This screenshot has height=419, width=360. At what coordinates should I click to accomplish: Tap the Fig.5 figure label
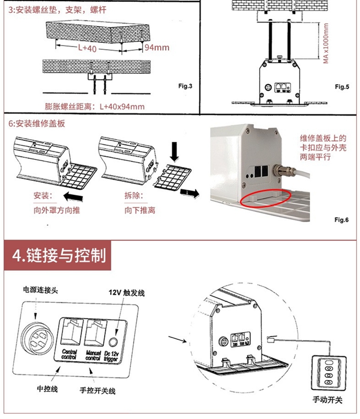[342, 86]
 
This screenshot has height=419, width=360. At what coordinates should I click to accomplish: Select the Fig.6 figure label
[342, 219]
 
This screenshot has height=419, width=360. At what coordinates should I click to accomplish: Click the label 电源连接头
[41, 290]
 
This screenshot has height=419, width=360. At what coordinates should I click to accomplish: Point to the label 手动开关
[326, 399]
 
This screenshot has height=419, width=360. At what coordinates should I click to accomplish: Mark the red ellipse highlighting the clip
[266, 198]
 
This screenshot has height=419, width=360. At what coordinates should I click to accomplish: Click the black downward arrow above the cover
[175, 154]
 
